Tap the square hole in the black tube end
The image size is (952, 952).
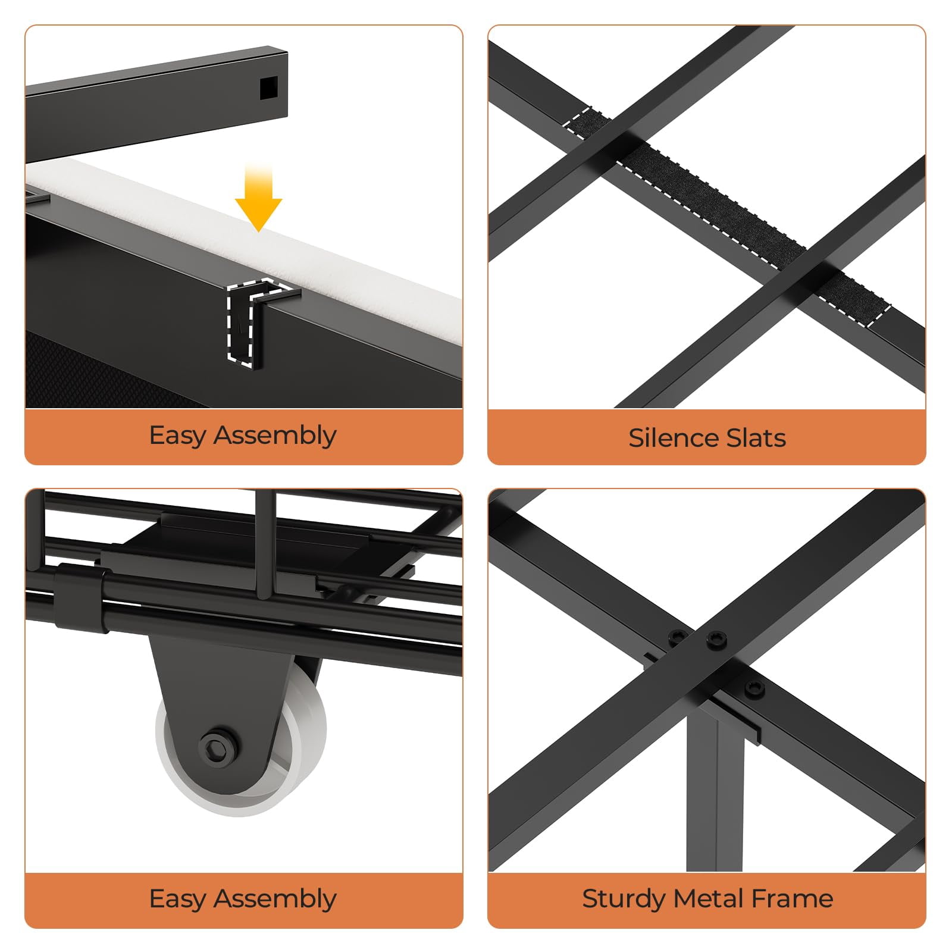point(269,88)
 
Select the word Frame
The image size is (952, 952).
point(791,898)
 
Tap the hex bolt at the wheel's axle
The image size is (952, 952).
point(220,743)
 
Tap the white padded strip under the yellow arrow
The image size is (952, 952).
point(250,232)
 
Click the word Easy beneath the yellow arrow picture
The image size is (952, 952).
point(177,436)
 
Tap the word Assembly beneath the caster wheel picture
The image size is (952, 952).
point(275,899)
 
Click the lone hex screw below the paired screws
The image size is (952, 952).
point(754,688)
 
